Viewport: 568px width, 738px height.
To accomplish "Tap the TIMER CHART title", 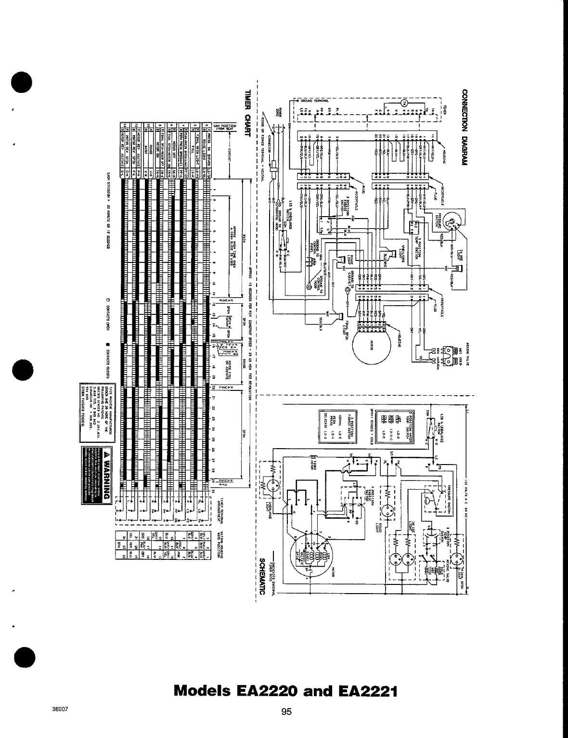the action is point(248,114).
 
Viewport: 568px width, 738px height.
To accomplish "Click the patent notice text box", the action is point(98,411).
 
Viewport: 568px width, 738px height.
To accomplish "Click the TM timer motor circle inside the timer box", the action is point(404,103).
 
